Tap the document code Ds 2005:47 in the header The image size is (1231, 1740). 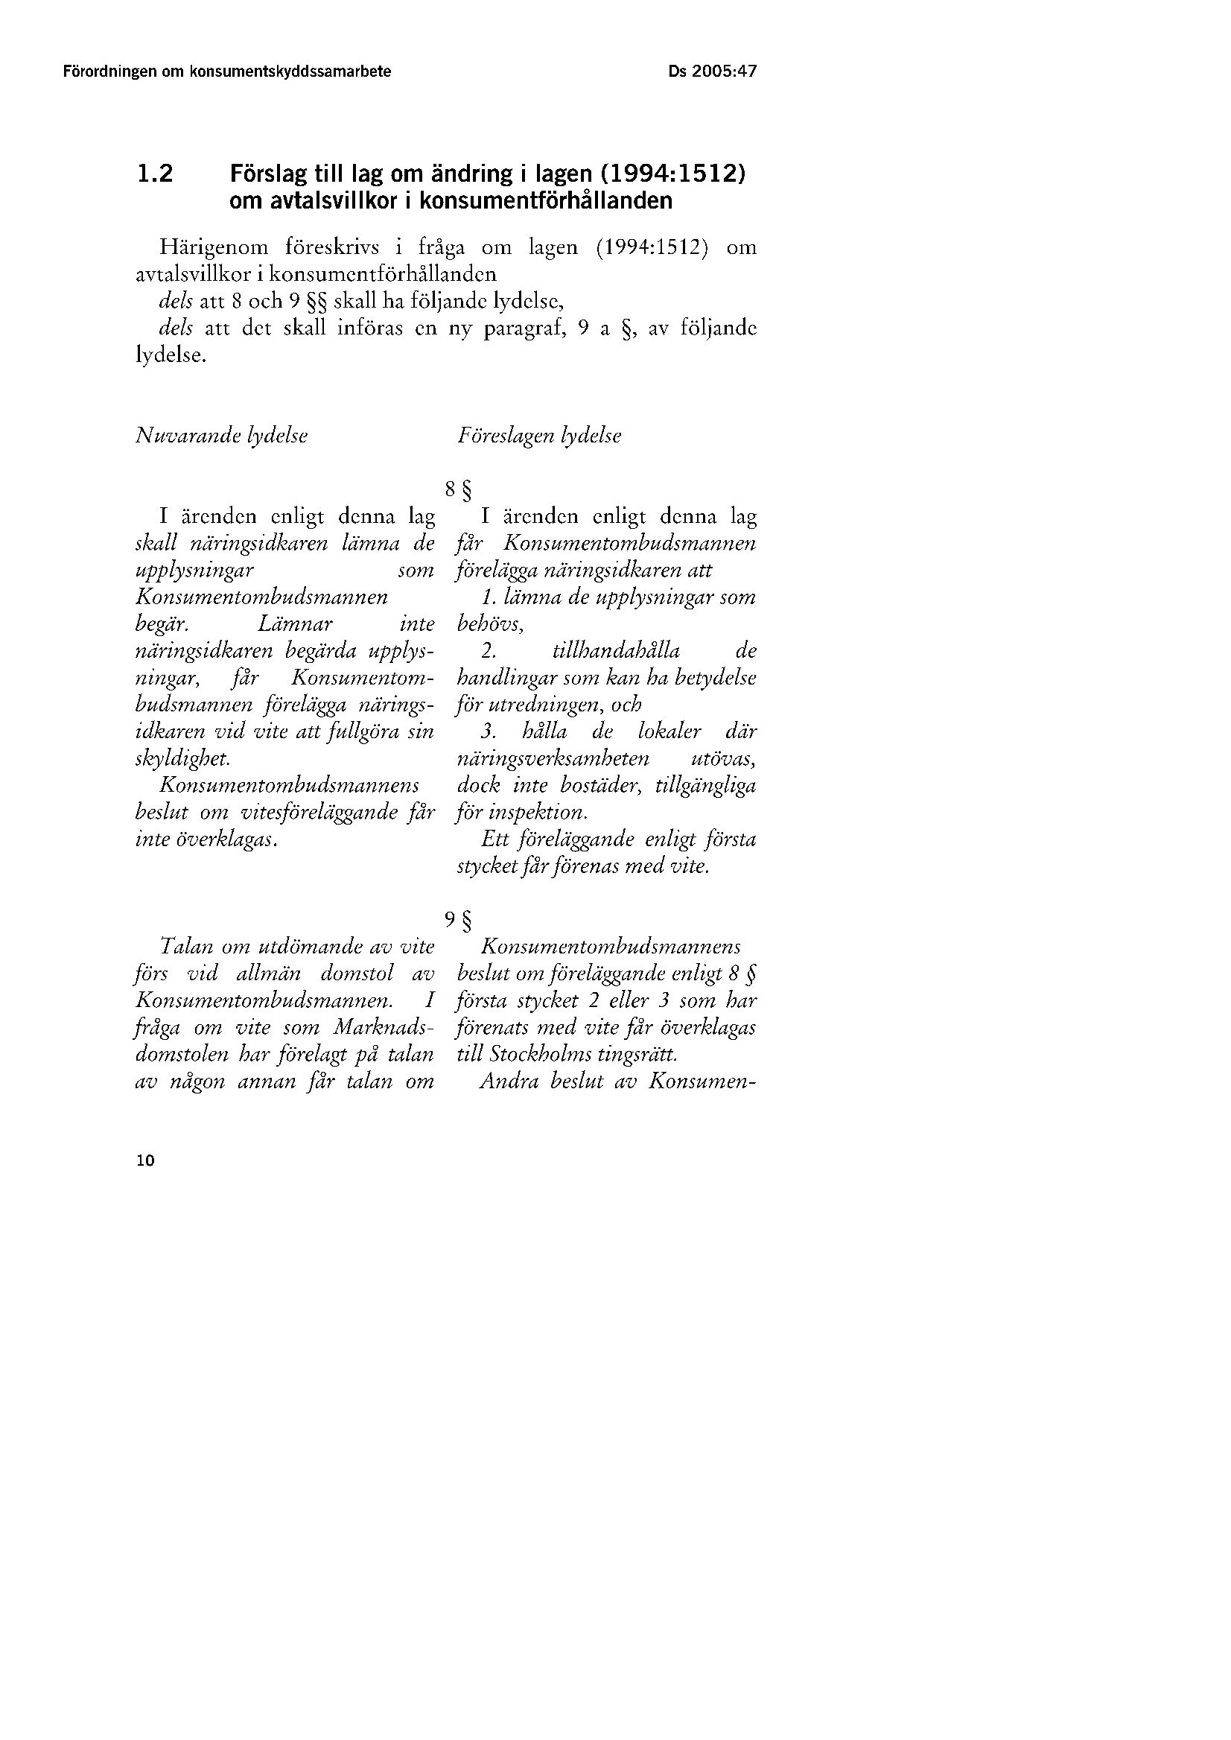pyautogui.click(x=713, y=72)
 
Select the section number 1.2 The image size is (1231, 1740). pyautogui.click(x=156, y=175)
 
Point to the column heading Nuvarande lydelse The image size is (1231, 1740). pyautogui.click(x=221, y=436)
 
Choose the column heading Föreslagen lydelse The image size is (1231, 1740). pyautogui.click(x=539, y=436)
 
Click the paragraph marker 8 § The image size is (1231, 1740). pyautogui.click(x=458, y=491)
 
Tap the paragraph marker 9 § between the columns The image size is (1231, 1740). pyautogui.click(x=458, y=921)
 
